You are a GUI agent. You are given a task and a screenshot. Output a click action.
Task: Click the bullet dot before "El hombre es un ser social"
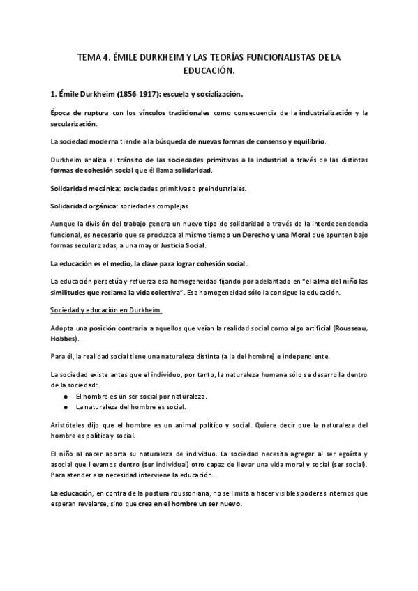point(66,396)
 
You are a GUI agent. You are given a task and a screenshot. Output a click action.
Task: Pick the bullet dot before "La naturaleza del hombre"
point(66,406)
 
